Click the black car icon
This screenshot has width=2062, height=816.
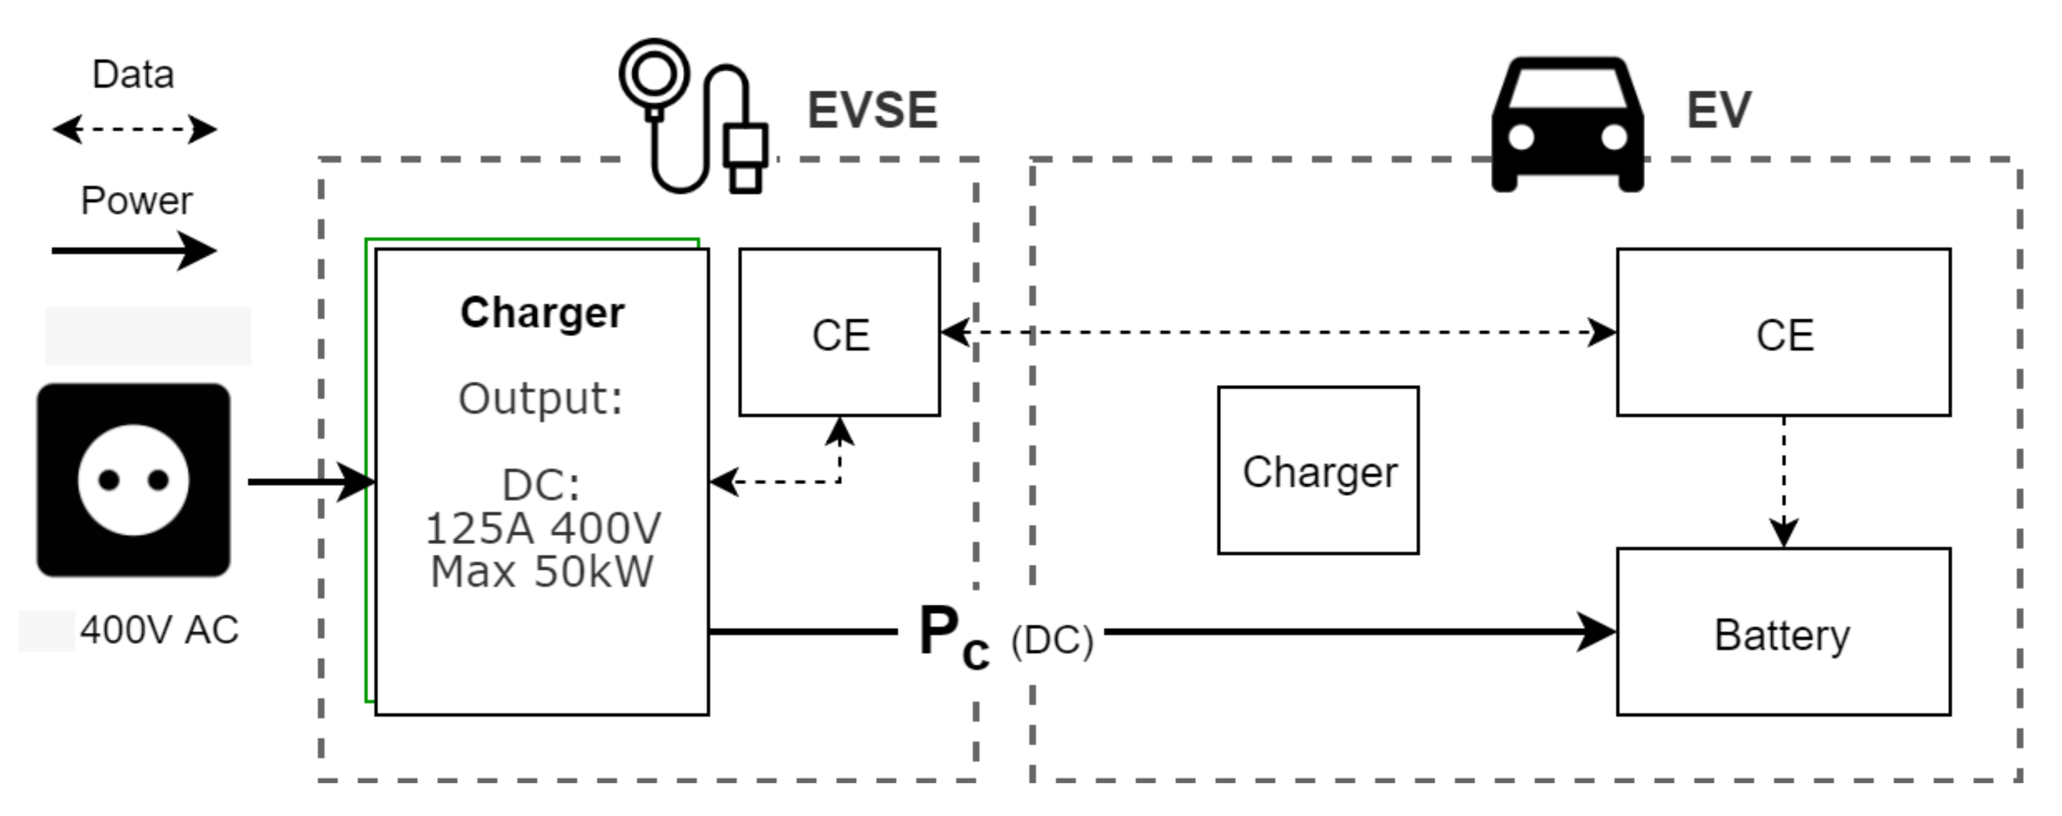[x=1566, y=124]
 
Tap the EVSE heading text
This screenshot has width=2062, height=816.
[x=871, y=110]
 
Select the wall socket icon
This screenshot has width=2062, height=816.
[x=133, y=479]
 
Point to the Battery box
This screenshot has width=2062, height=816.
[x=1783, y=633]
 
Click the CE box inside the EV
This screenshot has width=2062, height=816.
[x=1783, y=333]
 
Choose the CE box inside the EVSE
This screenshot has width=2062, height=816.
[x=839, y=333]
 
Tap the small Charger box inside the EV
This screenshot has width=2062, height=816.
[x=1318, y=471]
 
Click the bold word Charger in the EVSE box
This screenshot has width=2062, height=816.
[x=542, y=313]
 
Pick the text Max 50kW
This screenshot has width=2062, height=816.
[x=542, y=571]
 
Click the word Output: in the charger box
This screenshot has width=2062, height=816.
[x=540, y=398]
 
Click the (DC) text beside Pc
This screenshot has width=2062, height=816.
[x=1051, y=640]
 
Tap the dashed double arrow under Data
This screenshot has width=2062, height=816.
[x=133, y=129]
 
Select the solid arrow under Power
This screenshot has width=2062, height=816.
[x=133, y=251]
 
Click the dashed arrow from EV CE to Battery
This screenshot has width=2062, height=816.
[x=1783, y=480]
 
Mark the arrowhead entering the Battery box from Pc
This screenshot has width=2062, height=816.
[x=1597, y=632]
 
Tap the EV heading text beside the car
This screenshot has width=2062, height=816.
[x=1718, y=110]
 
